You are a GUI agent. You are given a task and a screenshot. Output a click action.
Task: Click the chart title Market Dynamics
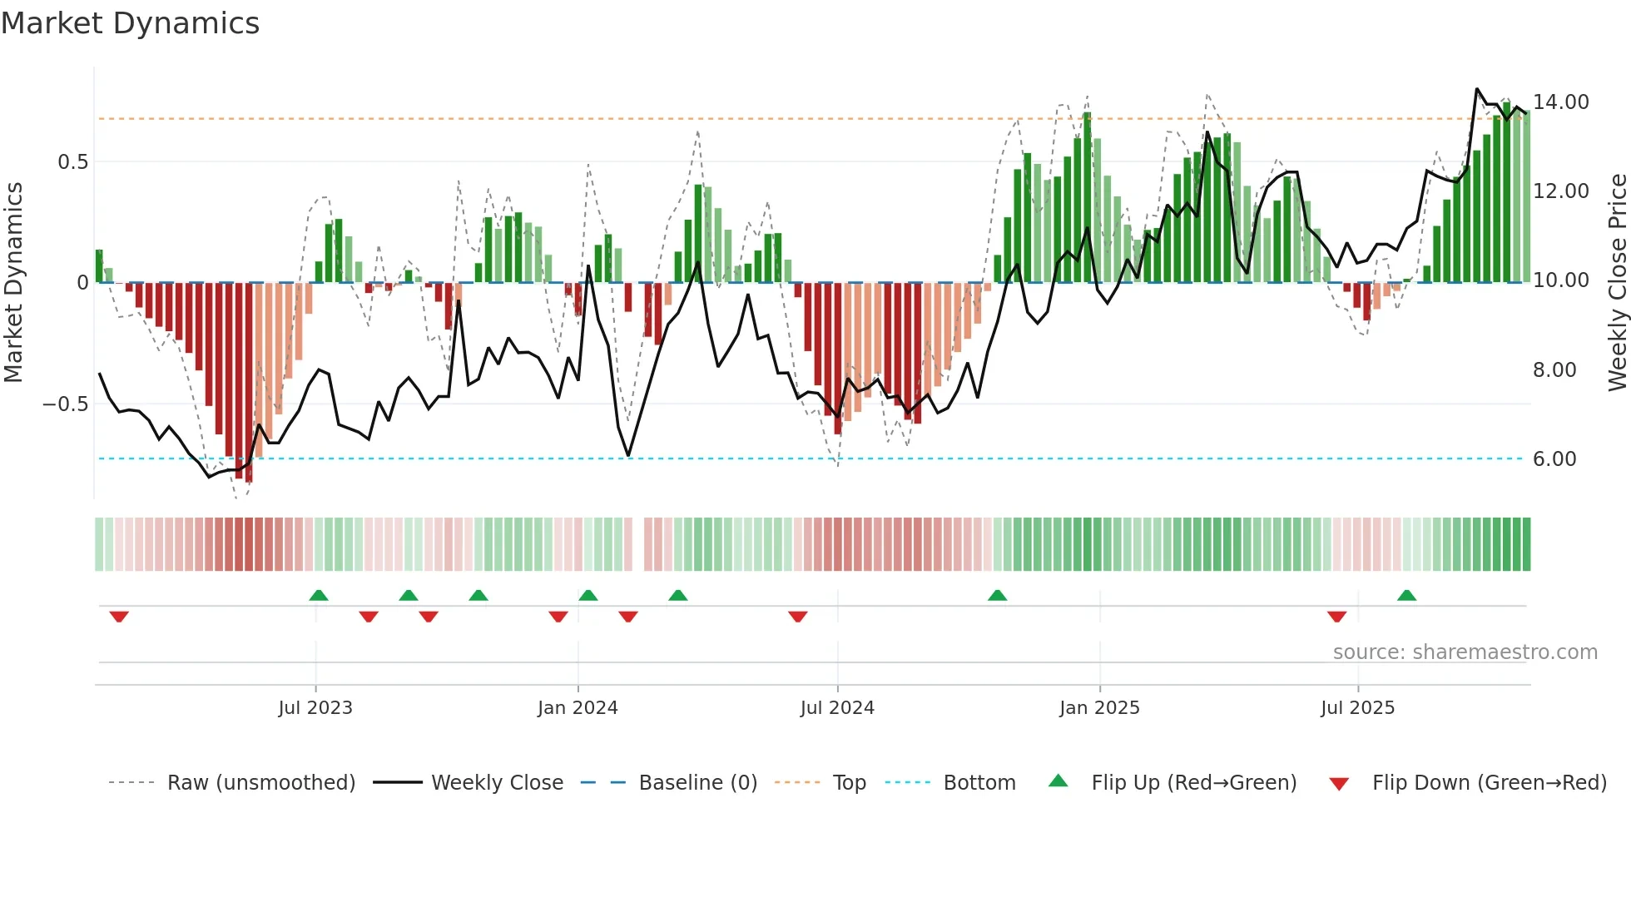tap(130, 23)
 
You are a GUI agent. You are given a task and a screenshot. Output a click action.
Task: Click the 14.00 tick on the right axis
tap(1560, 102)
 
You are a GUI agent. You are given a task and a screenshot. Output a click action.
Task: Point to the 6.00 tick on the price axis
tap(1554, 459)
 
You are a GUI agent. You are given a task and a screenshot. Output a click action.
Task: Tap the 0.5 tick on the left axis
tap(72, 162)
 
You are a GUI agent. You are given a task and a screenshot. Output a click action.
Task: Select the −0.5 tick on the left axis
tap(65, 404)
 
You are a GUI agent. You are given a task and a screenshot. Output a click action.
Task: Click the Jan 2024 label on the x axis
tap(578, 708)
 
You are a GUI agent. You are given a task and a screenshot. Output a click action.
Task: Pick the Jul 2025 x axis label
tap(1357, 708)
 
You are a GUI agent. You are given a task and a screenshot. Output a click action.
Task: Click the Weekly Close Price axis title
tap(1617, 283)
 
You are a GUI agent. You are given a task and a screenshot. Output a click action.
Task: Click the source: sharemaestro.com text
tap(1465, 652)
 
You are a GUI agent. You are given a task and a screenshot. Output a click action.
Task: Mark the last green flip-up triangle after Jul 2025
tap(1406, 596)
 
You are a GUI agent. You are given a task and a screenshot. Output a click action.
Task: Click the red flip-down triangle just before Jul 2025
tap(1336, 617)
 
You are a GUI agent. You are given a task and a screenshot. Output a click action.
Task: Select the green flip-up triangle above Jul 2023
tap(318, 596)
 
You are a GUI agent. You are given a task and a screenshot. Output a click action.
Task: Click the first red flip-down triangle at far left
tap(119, 617)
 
